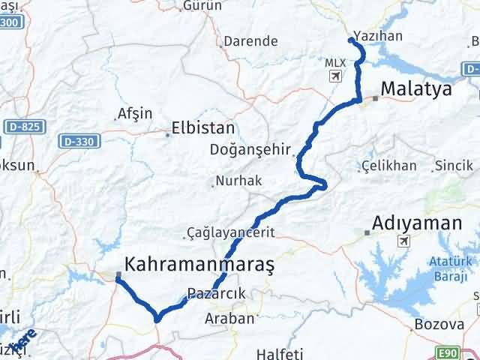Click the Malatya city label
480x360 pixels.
pyautogui.click(x=416, y=90)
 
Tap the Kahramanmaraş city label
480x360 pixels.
pyautogui.click(x=199, y=264)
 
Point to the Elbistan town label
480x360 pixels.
pyautogui.click(x=203, y=128)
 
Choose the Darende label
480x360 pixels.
pyautogui.click(x=252, y=43)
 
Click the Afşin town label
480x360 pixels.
pyautogui.click(x=135, y=114)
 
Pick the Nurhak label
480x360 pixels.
pyautogui.click(x=237, y=181)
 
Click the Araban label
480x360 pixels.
pyautogui.click(x=229, y=318)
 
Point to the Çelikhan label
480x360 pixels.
pyautogui.click(x=388, y=165)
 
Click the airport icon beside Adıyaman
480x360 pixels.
pyautogui.click(x=406, y=241)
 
